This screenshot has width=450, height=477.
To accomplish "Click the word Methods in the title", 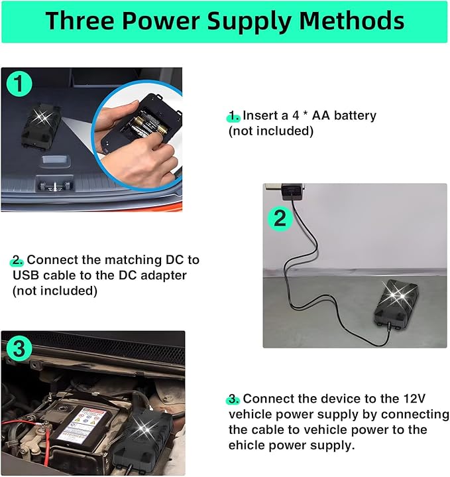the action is point(351,21).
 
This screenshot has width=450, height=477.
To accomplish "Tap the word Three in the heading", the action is point(80,21).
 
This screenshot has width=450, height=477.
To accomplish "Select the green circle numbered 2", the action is point(280,218).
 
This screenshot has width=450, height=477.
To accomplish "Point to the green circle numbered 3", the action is point(19,348).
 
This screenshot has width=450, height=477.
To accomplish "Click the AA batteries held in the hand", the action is point(150,124).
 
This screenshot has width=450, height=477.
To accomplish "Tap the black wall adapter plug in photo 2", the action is point(292,191).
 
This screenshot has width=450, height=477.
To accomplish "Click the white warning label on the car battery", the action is point(89,425).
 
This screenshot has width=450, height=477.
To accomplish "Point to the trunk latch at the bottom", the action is point(55,184).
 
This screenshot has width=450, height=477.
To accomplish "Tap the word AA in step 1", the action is point(321,115).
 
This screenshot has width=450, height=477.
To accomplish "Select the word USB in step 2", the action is point(26,275).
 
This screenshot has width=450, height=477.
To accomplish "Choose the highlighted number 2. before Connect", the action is point(17,261).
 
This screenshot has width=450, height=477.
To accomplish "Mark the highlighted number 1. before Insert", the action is point(234,116).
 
